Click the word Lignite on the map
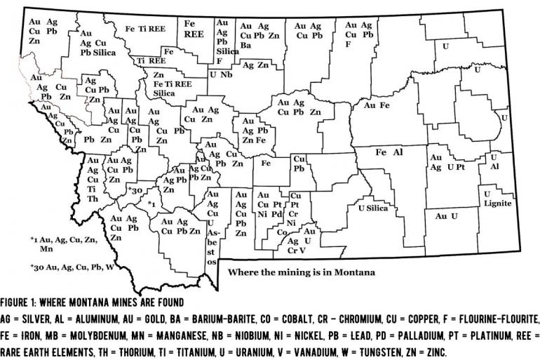[497, 204]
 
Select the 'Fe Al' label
[389, 152]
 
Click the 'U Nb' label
[221, 74]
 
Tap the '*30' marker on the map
[135, 190]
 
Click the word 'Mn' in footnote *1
[47, 248]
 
